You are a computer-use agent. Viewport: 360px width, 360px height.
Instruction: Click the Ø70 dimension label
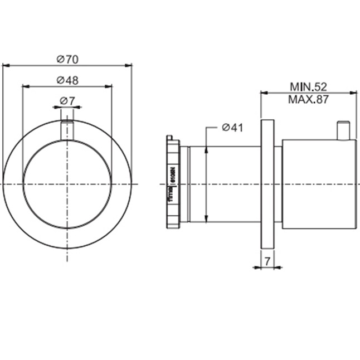tap(67, 59)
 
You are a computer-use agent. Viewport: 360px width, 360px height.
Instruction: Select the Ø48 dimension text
tap(67, 80)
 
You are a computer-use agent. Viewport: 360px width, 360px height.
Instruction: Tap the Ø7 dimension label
tap(67, 101)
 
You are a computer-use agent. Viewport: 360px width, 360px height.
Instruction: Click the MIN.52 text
tap(308, 86)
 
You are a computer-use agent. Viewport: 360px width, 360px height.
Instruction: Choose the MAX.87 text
tap(308, 100)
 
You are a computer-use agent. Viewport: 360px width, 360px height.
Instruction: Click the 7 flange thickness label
tap(267, 260)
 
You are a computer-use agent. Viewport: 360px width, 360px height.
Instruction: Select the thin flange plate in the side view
tap(267, 184)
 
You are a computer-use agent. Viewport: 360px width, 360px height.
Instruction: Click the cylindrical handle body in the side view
tap(319, 184)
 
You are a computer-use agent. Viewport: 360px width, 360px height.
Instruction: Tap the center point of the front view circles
tap(67, 183)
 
